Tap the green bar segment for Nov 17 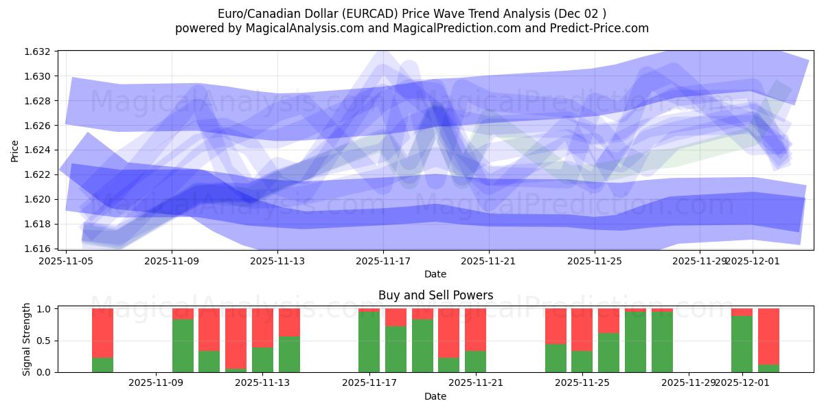[x=369, y=342]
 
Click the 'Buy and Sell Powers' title [x=435, y=296]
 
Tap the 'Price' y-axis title [x=16, y=150]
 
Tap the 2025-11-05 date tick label [x=66, y=261]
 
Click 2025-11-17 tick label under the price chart [x=383, y=261]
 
